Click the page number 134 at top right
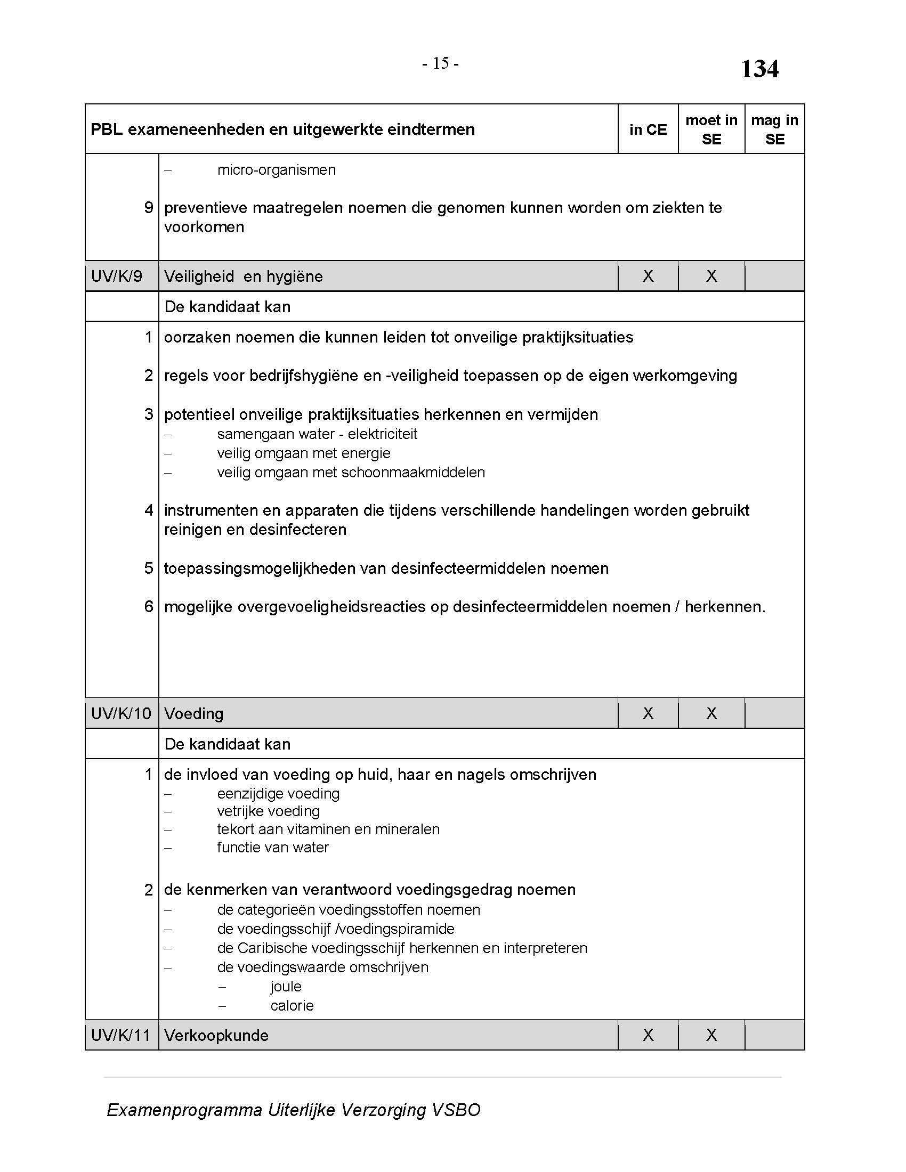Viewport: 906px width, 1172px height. tap(759, 69)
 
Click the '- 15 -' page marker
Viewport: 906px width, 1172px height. tap(440, 64)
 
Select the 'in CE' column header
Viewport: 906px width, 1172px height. tap(648, 129)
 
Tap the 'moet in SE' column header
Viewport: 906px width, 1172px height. tap(711, 129)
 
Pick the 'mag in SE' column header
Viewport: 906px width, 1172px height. tap(774, 129)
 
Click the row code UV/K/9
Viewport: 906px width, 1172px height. tap(117, 276)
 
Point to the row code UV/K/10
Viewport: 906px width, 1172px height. tap(122, 714)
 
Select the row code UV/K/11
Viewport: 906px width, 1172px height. tap(121, 1035)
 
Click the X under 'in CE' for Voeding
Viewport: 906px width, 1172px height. tap(648, 713)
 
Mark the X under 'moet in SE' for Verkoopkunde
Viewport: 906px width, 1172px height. tap(711, 1035)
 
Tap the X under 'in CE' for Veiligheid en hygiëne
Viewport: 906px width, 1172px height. tap(648, 276)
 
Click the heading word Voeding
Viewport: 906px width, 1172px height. tap(194, 714)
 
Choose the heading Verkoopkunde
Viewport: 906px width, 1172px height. tap(216, 1035)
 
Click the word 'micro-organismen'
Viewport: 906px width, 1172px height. tap(277, 170)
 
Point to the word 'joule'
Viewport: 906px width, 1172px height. tap(286, 986)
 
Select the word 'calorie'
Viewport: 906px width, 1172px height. tap(292, 1006)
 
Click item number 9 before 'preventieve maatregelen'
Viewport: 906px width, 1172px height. tap(149, 208)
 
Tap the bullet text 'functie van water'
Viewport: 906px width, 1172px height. tap(273, 848)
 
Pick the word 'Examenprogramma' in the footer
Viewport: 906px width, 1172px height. tap(184, 1110)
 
